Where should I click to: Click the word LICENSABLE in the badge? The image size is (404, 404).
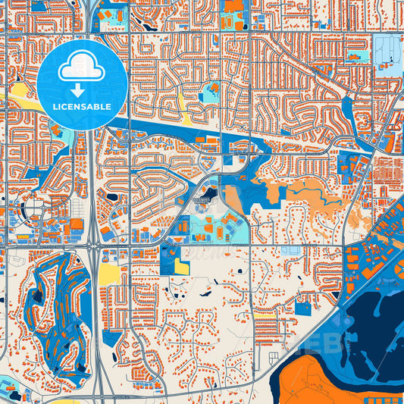tap(82, 107)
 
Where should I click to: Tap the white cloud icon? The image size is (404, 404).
tap(81, 67)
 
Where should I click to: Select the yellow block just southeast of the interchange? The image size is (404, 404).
tap(110, 274)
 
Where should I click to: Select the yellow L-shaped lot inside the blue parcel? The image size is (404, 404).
tap(182, 265)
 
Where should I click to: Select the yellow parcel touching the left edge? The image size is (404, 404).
tap(17, 94)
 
